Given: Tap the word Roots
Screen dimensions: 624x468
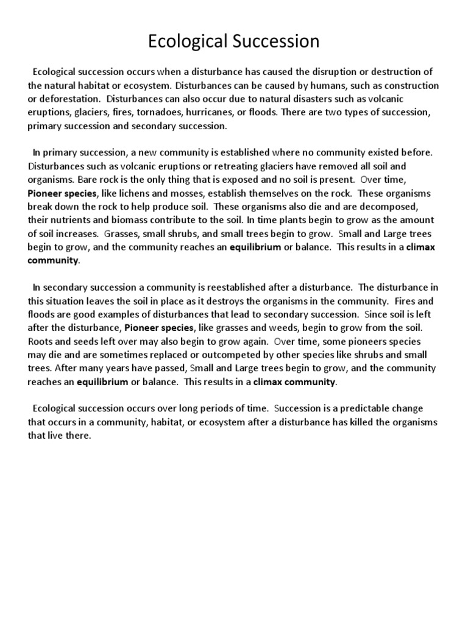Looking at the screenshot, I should tap(41, 341).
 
